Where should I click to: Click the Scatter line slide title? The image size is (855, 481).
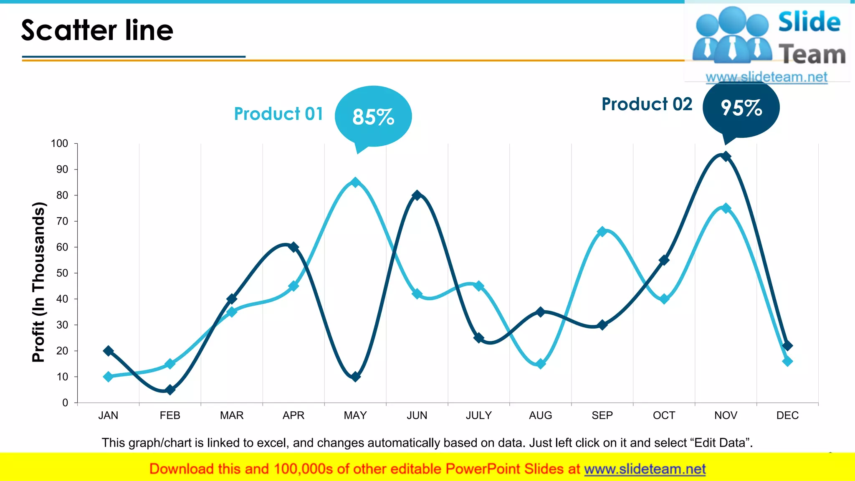(x=97, y=30)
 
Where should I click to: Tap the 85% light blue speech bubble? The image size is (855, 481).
(x=373, y=116)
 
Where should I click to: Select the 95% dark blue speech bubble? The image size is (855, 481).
(x=741, y=108)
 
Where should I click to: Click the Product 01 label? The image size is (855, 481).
(x=278, y=114)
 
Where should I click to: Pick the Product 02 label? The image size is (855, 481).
(x=647, y=104)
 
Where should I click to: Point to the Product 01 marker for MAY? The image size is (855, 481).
(x=355, y=182)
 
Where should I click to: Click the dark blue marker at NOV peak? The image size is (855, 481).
(x=726, y=157)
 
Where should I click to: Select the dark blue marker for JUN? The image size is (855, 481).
(x=417, y=195)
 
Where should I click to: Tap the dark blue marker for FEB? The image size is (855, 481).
(x=170, y=390)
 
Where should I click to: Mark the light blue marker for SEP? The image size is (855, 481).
(x=602, y=231)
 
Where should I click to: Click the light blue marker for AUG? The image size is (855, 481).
(x=541, y=364)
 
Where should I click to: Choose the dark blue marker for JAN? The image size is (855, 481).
(x=108, y=351)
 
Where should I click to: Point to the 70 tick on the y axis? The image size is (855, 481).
(x=62, y=221)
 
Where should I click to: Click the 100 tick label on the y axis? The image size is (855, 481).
(x=59, y=144)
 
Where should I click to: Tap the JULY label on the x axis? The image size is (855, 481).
(x=478, y=415)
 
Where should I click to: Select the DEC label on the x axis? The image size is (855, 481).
(x=787, y=415)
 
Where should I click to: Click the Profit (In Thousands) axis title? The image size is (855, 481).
(x=38, y=282)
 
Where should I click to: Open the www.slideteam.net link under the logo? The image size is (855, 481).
(x=766, y=77)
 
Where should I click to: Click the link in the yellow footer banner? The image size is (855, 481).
(x=645, y=469)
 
